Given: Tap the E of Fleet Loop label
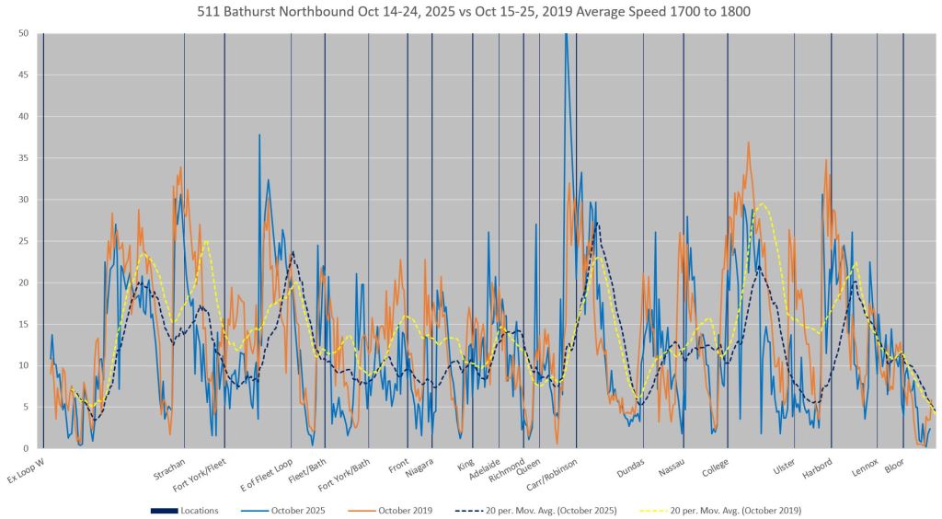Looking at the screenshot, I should click(267, 476).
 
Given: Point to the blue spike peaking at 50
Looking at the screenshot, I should click(566, 37).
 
